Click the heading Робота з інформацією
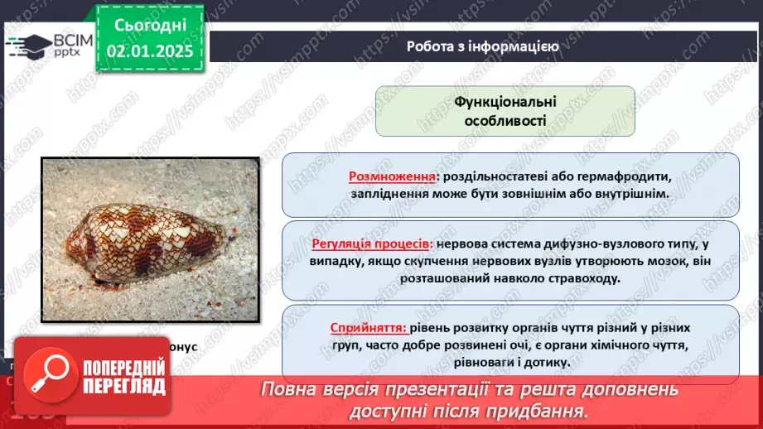482,46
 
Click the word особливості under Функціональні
505,120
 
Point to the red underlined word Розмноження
393,176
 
